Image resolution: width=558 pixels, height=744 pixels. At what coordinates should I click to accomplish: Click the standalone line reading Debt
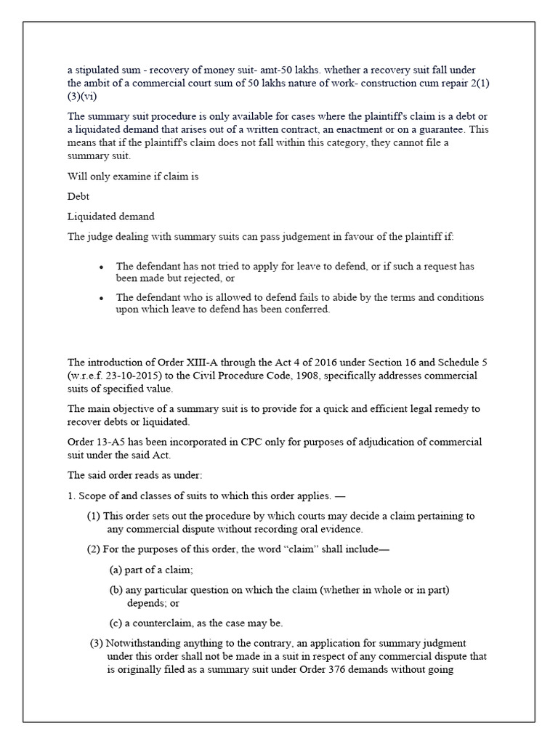[78, 196]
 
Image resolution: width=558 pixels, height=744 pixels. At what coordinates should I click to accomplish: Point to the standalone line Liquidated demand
[111, 217]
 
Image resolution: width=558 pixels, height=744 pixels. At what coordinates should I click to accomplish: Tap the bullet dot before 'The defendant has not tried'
[101, 267]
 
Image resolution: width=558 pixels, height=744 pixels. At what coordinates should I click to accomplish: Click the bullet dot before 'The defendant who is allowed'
[101, 298]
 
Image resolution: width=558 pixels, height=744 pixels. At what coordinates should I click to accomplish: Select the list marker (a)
[116, 570]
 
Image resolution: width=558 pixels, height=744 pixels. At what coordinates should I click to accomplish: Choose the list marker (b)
[116, 591]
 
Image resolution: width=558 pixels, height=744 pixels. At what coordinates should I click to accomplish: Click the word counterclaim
[163, 623]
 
